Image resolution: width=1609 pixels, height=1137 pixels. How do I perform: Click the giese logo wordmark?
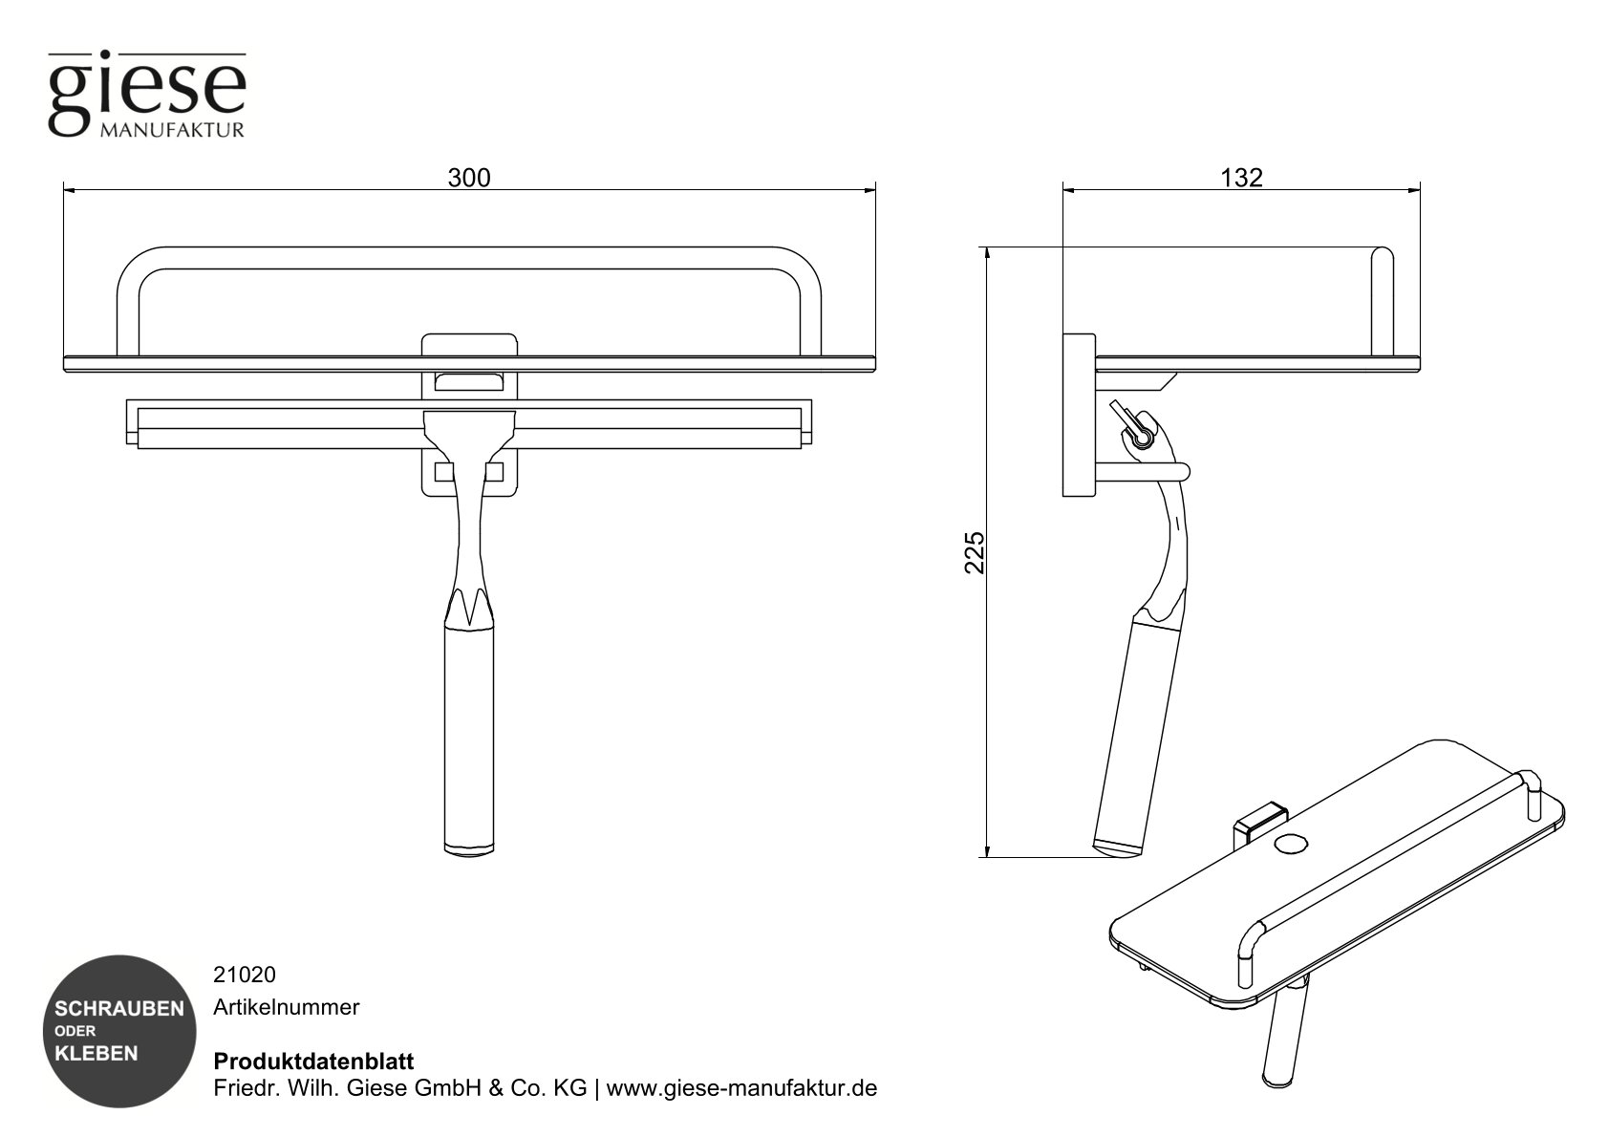click(x=146, y=89)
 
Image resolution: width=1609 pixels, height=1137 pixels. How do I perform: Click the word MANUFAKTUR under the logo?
click(x=172, y=129)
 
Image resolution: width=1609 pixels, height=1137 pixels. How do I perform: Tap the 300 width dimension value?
click(x=469, y=178)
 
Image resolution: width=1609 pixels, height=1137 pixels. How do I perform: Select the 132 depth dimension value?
click(x=1241, y=178)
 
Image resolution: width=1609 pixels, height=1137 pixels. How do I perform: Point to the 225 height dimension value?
click(x=974, y=551)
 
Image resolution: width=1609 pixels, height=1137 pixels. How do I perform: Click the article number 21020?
click(x=245, y=975)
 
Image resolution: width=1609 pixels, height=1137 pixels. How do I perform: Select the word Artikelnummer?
click(x=286, y=1007)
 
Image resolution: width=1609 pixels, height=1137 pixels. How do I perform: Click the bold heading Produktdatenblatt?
click(x=312, y=1062)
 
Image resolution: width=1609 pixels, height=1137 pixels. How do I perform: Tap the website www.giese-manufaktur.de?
click(x=741, y=1088)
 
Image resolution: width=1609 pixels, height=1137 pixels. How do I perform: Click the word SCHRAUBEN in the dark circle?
click(x=119, y=1009)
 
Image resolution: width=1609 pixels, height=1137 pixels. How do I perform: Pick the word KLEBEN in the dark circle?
click(x=97, y=1054)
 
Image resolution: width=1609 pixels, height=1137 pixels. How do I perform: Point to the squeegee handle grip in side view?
click(x=1129, y=736)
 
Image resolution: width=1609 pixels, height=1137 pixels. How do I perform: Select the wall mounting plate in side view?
click(x=1079, y=415)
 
